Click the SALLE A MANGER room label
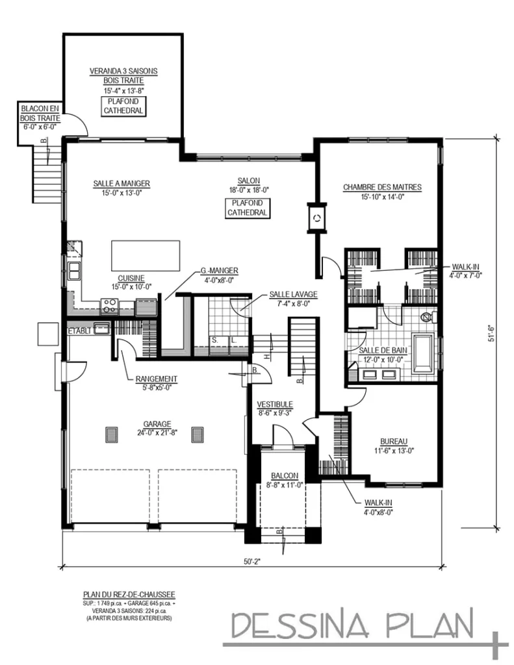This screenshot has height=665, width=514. point(117,184)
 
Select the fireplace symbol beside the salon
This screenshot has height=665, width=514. point(317,219)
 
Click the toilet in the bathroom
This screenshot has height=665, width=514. point(427,318)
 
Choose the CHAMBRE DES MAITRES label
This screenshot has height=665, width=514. point(382,187)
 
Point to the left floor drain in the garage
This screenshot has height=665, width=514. point(111,434)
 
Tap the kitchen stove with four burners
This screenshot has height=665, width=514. point(109,305)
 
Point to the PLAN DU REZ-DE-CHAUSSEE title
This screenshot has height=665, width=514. point(129,594)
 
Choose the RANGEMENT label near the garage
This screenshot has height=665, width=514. point(157,379)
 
